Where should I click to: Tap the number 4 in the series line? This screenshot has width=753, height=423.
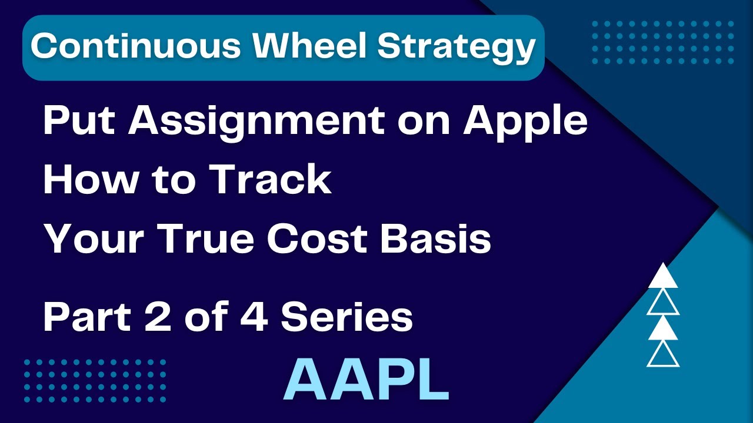click(255, 318)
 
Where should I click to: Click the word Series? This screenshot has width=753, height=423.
click(347, 318)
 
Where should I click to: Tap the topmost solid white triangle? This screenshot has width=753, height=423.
click(663, 277)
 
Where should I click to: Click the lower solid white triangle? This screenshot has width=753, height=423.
click(663, 330)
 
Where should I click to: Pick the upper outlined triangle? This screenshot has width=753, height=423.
click(663, 304)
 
